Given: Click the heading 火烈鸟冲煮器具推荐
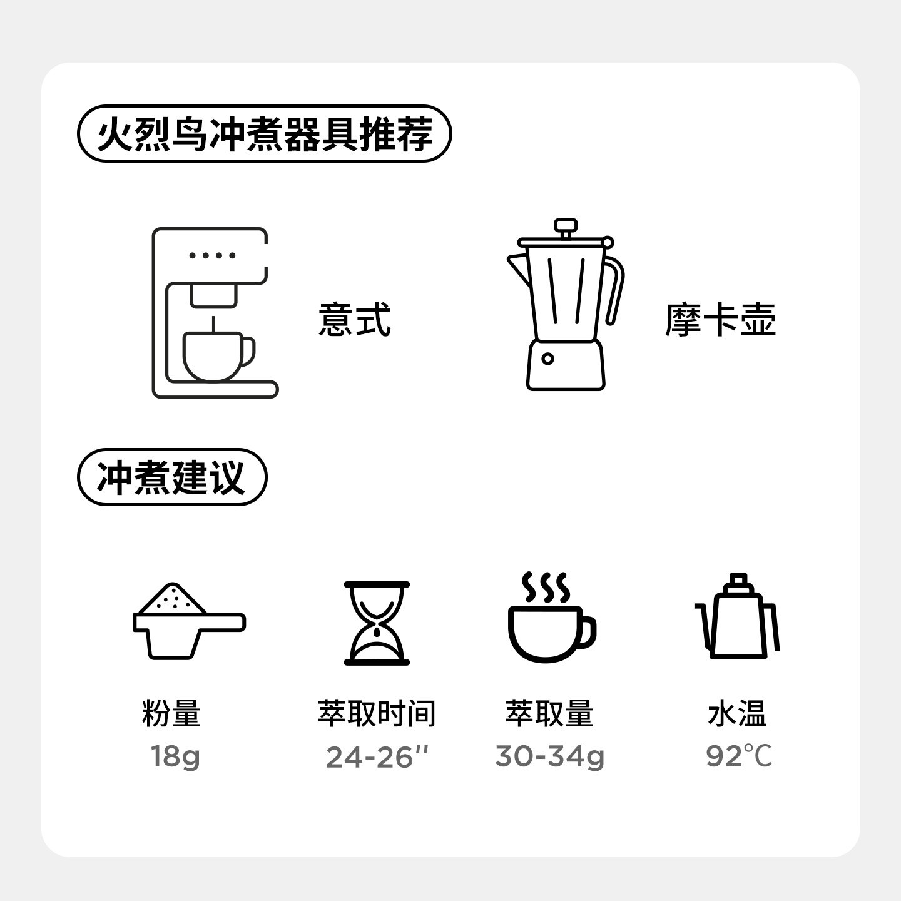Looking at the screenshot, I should (263, 134).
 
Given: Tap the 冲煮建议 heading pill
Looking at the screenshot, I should (171, 477).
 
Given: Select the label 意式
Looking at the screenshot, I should (354, 320).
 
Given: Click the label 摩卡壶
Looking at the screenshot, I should (720, 320).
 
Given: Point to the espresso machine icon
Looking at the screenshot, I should (213, 313).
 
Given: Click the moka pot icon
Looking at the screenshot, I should (566, 307).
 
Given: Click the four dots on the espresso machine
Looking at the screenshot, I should (213, 255).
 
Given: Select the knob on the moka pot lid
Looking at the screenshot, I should (566, 226).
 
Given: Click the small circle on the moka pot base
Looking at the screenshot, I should (547, 359).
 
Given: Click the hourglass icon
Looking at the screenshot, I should (377, 623).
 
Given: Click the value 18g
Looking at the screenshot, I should (175, 757).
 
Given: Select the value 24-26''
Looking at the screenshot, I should (377, 757).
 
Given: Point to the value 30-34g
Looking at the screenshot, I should (549, 757).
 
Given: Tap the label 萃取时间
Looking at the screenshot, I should (377, 714).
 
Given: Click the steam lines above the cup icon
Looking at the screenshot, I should (546, 587).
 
